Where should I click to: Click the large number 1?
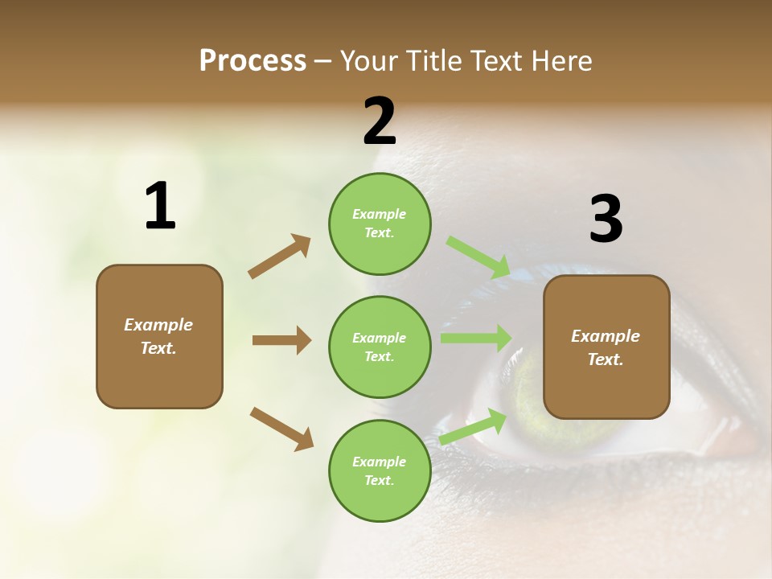click(x=160, y=207)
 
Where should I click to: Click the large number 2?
click(x=380, y=121)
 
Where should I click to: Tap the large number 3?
click(x=606, y=220)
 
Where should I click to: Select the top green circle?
click(x=380, y=224)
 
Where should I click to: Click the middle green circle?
click(x=380, y=347)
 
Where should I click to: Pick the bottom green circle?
click(x=380, y=471)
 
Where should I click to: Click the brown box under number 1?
click(x=159, y=336)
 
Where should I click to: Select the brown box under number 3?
click(x=606, y=347)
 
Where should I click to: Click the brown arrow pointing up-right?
click(x=280, y=257)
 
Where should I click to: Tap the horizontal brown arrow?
click(x=281, y=340)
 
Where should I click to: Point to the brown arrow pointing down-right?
click(x=281, y=428)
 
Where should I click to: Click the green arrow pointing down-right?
click(x=478, y=257)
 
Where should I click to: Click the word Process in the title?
click(x=253, y=60)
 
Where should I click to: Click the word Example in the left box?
click(x=158, y=325)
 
